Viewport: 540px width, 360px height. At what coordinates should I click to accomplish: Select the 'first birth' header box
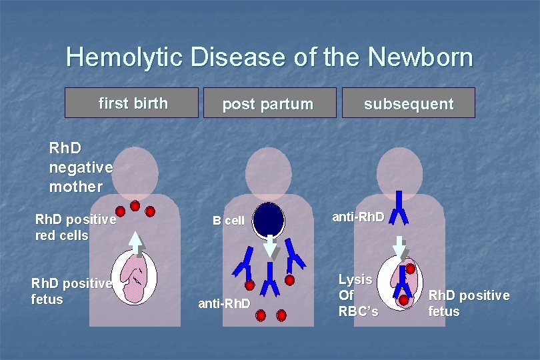tap(133, 103)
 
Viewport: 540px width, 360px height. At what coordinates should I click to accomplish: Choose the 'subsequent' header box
tap(408, 103)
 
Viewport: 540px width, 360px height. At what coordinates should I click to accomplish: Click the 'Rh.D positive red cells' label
tap(75, 227)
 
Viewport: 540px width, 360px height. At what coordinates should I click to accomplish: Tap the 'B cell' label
tap(229, 221)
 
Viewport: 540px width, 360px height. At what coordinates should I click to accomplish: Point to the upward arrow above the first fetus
tap(136, 244)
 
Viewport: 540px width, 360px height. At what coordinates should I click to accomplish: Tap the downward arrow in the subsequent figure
tap(399, 247)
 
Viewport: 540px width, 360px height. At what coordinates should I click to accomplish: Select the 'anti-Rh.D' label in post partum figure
tap(224, 304)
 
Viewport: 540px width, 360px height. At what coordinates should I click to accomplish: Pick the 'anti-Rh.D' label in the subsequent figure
tap(359, 217)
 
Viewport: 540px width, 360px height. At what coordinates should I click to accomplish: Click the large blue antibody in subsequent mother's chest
tap(399, 207)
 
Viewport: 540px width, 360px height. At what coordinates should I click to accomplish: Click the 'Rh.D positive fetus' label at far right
tap(468, 303)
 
